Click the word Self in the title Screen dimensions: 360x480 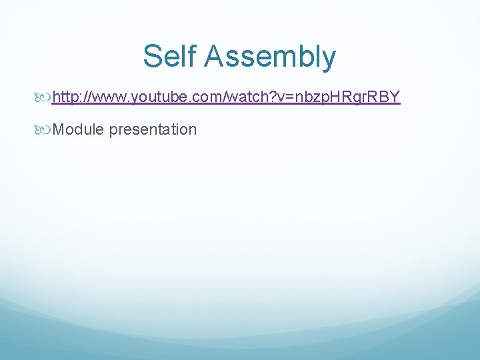point(171,56)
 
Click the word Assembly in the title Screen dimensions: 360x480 point(271,57)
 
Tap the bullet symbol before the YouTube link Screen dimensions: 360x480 point(45,97)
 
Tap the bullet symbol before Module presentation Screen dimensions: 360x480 point(45,129)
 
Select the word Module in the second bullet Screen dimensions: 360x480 point(78,129)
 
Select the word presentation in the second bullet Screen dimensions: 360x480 point(153,130)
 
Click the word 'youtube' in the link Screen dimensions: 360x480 point(157,97)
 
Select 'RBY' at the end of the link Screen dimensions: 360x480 point(385,97)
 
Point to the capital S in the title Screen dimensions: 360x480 point(152,56)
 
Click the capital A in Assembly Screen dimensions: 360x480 point(215,56)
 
